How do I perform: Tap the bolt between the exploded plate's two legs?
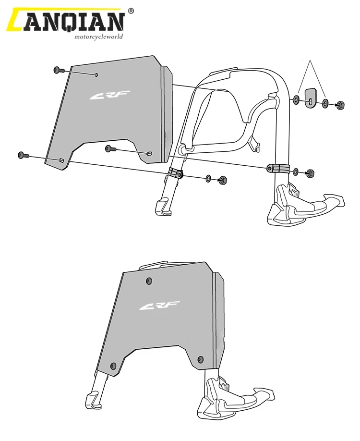[110, 148]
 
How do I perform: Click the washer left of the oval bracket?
[296, 100]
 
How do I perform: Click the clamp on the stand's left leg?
[176, 173]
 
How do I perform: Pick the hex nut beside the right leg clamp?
[310, 172]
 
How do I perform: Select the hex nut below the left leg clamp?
[222, 181]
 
